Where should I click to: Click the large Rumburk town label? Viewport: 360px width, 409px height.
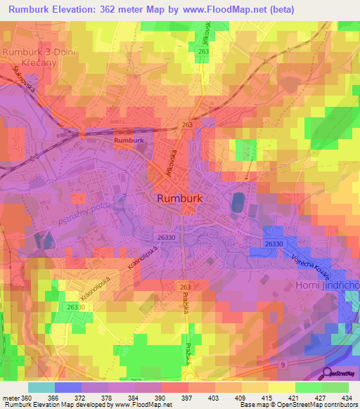pyautogui.click(x=181, y=198)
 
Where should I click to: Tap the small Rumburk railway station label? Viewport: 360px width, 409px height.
pyautogui.click(x=129, y=141)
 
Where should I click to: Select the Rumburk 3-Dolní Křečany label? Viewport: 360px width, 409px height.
pyautogui.click(x=39, y=57)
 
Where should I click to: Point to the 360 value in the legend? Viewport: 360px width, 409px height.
pyautogui.click(x=27, y=397)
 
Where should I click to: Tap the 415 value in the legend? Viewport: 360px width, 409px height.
pyautogui.click(x=265, y=397)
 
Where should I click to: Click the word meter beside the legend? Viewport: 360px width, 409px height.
pyautogui.click(x=11, y=397)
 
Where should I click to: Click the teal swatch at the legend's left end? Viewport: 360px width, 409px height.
pyautogui.click(x=41, y=387)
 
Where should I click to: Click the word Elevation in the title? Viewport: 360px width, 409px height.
pyautogui.click(x=77, y=10)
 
